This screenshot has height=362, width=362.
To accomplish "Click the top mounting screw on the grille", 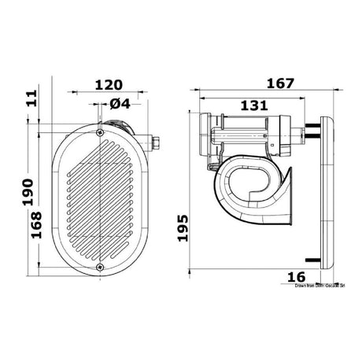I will pyautogui.click(x=100, y=135).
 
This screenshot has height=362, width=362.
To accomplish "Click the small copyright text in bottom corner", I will pyautogui.click(x=323, y=286).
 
